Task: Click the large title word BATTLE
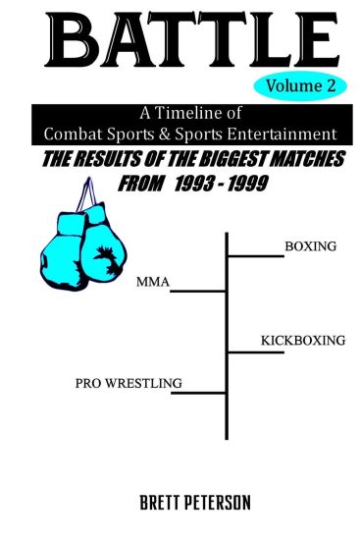click(x=180, y=40)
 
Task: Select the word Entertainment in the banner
click(x=289, y=132)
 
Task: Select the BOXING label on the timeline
click(x=308, y=246)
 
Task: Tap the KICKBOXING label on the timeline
click(x=303, y=341)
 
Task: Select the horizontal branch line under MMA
click(x=199, y=292)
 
